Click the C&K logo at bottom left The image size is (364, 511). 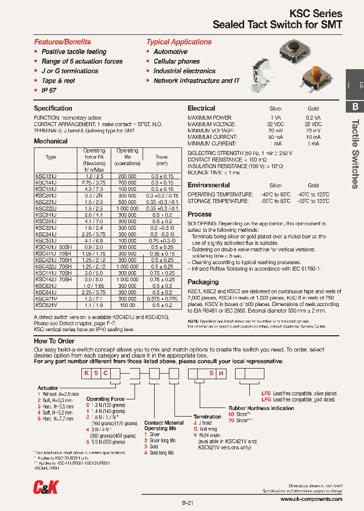[x=45, y=487]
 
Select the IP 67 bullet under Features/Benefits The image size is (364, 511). [x=49, y=90]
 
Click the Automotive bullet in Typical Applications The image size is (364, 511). [x=170, y=52]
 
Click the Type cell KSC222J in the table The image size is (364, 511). [x=46, y=208]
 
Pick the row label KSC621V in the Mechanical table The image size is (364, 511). [x=46, y=305]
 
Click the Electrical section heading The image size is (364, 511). [x=201, y=109]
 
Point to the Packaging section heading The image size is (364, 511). [x=203, y=282]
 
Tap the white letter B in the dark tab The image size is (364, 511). [x=355, y=107]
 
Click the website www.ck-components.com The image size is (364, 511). [x=311, y=499]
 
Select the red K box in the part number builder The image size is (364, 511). [x=87, y=374]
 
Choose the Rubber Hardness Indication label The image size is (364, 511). [x=261, y=408]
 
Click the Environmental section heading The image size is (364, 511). [x=209, y=185]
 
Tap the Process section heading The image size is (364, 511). [x=200, y=214]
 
